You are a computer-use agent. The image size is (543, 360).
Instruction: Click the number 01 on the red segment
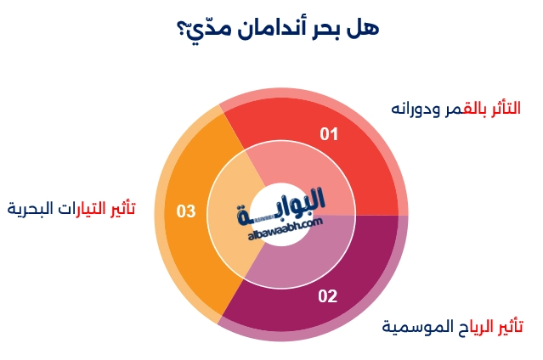(329, 134)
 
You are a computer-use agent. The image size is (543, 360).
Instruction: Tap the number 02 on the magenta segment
(327, 296)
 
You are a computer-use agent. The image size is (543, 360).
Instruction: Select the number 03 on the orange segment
(186, 211)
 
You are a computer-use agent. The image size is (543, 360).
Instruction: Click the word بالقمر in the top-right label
(468, 109)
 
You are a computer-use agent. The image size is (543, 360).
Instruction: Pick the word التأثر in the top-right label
(508, 108)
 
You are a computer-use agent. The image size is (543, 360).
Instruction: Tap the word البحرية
(31, 208)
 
